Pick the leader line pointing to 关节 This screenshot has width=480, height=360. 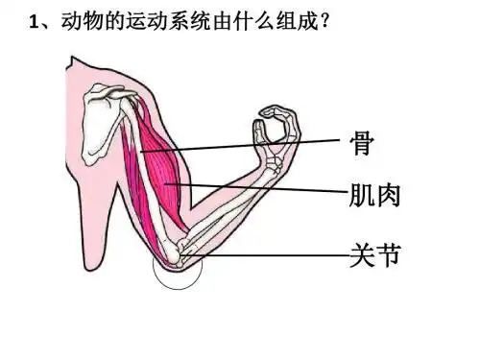[278, 256]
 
